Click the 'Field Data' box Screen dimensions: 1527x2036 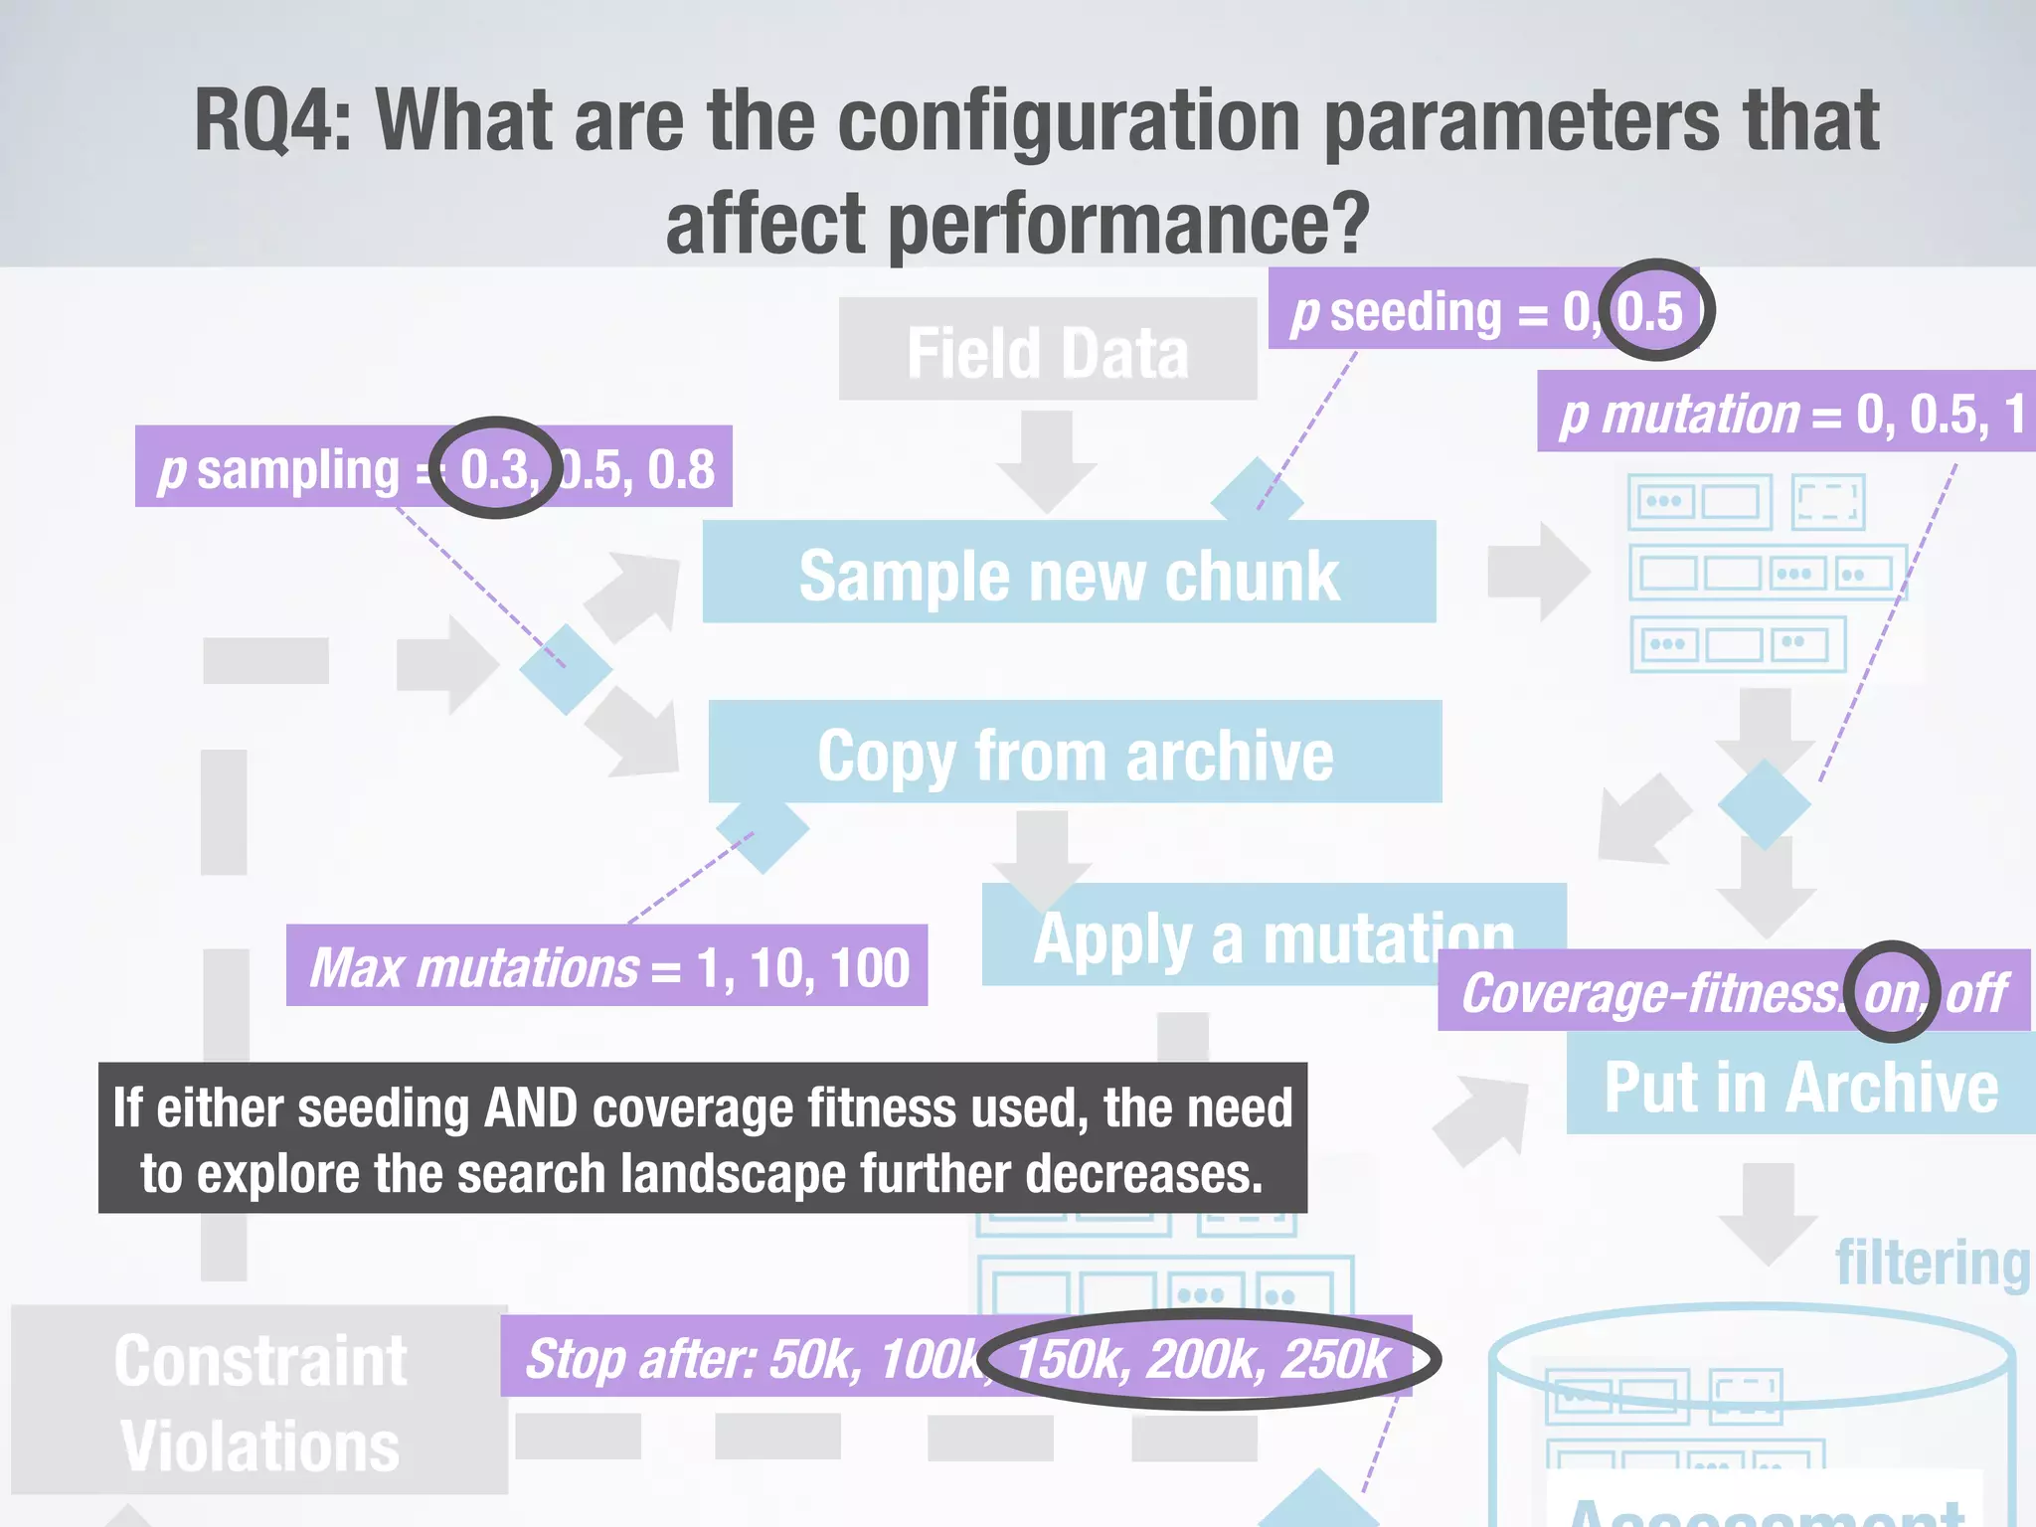tap(1047, 350)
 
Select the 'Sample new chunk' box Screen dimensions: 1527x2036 tap(1069, 573)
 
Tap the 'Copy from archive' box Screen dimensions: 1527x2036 tap(1074, 753)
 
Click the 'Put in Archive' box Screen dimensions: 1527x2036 tap(1800, 1085)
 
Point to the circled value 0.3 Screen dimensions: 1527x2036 tap(496, 468)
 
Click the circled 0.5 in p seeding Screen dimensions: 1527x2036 tap(1651, 311)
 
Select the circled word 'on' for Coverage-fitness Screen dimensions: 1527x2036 tap(1892, 992)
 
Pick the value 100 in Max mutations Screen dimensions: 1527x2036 tap(870, 967)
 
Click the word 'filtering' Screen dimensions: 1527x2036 tap(1932, 1263)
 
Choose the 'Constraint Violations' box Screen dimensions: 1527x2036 tap(259, 1401)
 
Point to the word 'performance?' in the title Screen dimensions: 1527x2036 tap(1129, 224)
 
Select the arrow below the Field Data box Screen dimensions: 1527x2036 tap(1047, 459)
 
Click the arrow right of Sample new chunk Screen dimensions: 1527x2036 tap(1537, 572)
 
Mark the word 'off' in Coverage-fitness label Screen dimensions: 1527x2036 tap(1977, 992)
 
